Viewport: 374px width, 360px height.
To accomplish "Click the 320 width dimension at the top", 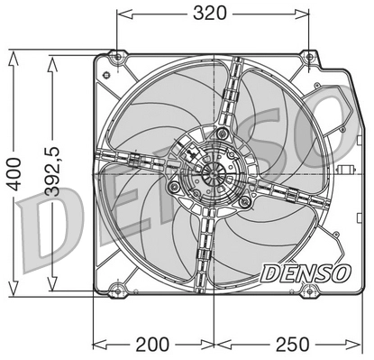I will pos(214,13).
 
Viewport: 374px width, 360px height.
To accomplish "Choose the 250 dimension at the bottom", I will pos(293,345).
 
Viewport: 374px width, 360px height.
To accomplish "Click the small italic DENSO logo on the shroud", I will pos(302,270).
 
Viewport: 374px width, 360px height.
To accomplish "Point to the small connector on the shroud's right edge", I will pos(343,171).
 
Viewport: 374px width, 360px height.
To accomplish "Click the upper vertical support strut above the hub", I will pos(233,99).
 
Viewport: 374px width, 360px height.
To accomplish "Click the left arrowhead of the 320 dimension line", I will pos(121,13).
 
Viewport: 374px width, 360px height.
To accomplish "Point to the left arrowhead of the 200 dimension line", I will pos(96,345).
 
